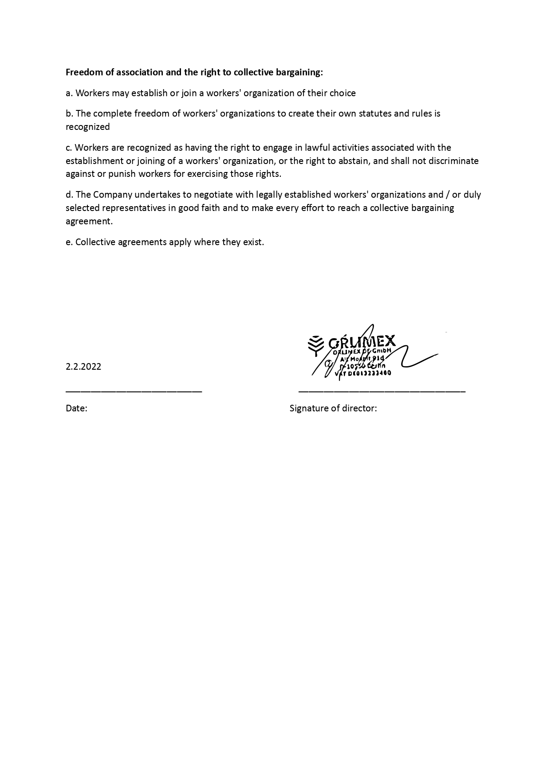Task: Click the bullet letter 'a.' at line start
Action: click(69, 93)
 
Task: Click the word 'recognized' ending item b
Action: click(88, 127)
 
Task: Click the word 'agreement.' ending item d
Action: click(89, 221)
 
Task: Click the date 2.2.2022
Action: click(83, 367)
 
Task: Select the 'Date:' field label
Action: click(76, 408)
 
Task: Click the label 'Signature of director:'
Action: click(333, 408)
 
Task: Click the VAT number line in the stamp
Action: click(363, 373)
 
